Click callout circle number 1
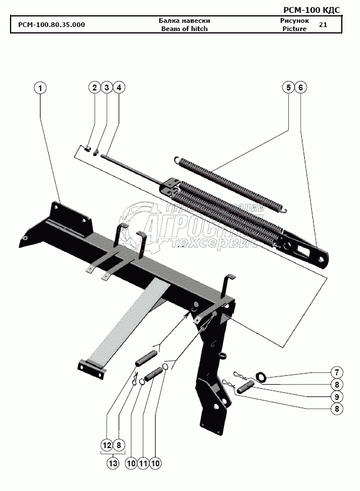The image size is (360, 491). [40, 88]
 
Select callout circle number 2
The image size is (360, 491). [94, 88]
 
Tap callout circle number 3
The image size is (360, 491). [106, 88]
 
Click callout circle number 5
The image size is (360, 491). [288, 88]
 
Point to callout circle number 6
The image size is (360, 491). [300, 88]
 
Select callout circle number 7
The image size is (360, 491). [336, 372]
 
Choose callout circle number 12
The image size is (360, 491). [107, 446]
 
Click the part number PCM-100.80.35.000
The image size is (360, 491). [52, 25]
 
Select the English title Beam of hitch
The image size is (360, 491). [184, 29]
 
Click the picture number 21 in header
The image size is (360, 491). [323, 25]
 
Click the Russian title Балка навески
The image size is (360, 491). [184, 21]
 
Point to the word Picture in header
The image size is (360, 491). [294, 29]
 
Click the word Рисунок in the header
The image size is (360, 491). [294, 21]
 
